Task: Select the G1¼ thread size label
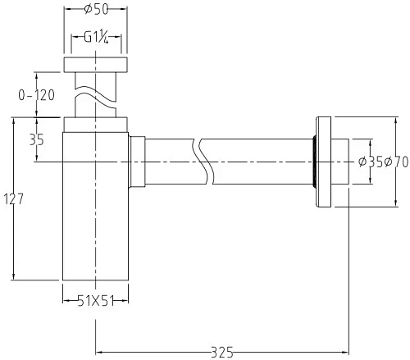pos(98,39)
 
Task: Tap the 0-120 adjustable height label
pos(35,95)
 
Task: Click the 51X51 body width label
pos(96,301)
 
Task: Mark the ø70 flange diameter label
pos(394,162)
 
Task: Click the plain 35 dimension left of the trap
pos(36,140)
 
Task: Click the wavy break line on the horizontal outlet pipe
pos(201,162)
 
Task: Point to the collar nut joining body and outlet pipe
pos(138,162)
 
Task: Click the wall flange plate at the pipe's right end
pos(326,162)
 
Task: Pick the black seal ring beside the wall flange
pos(315,162)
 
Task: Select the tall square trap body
pos(97,213)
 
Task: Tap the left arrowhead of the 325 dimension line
pos(101,352)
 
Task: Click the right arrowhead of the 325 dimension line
pos(340,352)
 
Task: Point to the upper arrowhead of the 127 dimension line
pos(14,121)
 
